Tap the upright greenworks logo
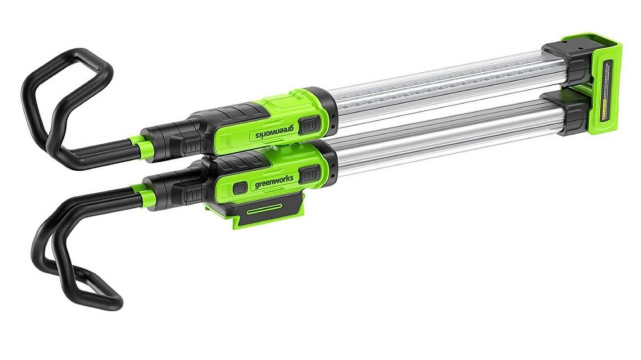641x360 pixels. pyautogui.click(x=274, y=181)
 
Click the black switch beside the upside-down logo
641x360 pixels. pyautogui.click(x=309, y=124)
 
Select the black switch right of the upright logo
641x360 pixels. pyautogui.click(x=309, y=175)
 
